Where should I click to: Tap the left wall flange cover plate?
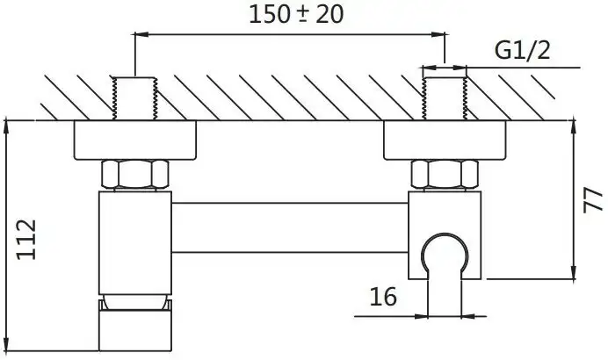point(134,139)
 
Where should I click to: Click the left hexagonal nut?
point(134,175)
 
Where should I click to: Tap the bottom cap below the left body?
point(134,329)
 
